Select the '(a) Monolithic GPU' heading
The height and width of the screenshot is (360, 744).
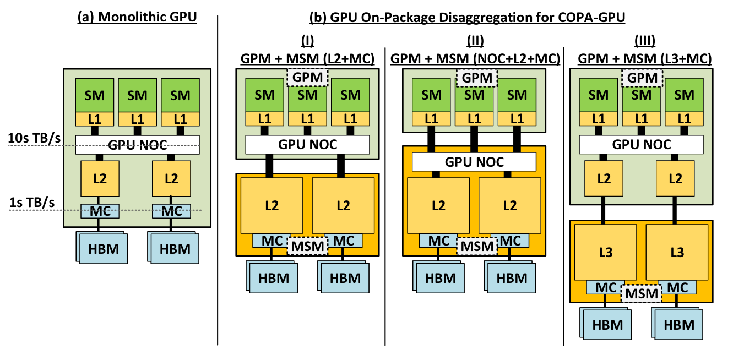(x=137, y=18)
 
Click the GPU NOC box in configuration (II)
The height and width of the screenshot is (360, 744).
(x=474, y=162)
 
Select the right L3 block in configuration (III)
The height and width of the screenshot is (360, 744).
(x=677, y=252)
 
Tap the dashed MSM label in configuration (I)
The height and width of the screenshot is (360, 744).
(x=307, y=246)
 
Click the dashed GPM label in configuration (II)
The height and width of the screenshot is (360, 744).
(x=477, y=78)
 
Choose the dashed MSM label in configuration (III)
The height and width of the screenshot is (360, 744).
(x=641, y=293)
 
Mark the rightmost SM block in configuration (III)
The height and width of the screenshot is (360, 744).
(x=684, y=95)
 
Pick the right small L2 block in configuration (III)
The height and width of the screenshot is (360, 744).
(x=677, y=178)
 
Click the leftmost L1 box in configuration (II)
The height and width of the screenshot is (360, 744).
(x=431, y=118)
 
